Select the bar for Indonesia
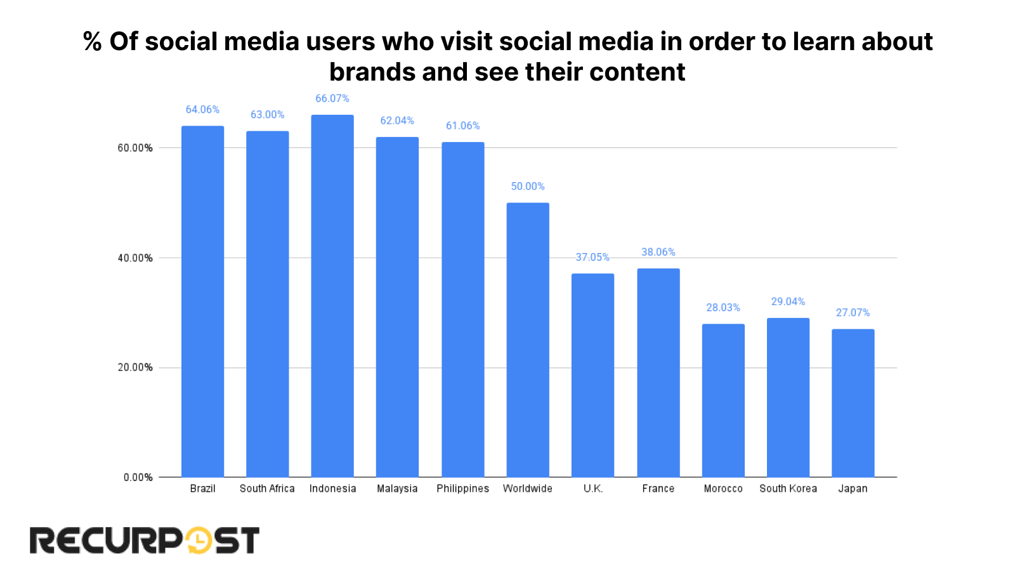332,296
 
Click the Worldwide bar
528,340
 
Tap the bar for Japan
853,403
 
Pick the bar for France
658,372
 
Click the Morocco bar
723,400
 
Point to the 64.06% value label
202,110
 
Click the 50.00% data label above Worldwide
528,187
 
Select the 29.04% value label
788,302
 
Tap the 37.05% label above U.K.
593,258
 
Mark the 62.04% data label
397,121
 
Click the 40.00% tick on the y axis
135,258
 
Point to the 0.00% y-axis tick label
138,478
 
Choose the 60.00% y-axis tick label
135,148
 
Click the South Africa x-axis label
267,489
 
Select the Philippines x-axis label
463,489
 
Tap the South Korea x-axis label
788,489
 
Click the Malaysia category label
397,489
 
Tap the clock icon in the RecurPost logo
199,541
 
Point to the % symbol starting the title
93,42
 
